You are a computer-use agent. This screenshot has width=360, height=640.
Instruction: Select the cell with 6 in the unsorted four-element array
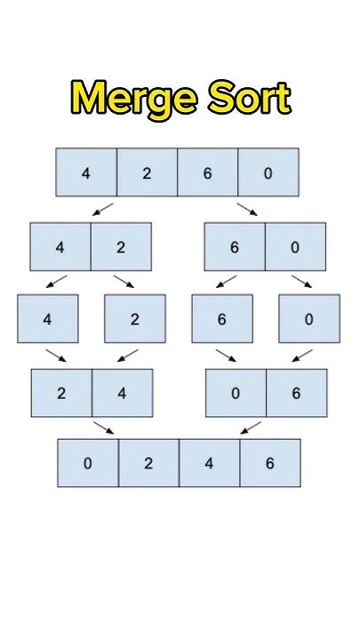(x=208, y=172)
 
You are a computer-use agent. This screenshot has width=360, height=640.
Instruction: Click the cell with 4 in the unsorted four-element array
(x=86, y=172)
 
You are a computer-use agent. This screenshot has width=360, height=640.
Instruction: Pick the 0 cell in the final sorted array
(x=88, y=463)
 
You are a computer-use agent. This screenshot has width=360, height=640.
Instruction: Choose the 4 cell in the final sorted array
(x=209, y=463)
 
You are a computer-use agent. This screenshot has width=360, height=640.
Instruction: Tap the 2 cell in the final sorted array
(x=148, y=463)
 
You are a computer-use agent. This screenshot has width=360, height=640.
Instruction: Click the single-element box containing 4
(x=48, y=319)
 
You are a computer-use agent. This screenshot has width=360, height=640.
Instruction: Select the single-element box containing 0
(x=308, y=319)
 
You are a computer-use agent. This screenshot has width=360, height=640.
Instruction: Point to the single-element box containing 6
(x=222, y=319)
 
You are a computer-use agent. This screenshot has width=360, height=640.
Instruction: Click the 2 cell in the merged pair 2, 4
(x=61, y=393)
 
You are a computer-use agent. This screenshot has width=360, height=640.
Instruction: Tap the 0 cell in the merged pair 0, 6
(x=236, y=393)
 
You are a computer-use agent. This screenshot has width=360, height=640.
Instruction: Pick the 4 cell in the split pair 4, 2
(x=60, y=246)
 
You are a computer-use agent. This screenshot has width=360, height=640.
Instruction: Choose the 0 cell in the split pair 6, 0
(x=295, y=246)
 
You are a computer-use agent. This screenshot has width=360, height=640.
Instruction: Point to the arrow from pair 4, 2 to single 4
(x=57, y=282)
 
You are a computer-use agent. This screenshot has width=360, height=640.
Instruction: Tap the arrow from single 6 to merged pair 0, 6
(x=226, y=356)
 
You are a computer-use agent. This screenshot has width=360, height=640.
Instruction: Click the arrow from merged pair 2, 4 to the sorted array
(x=104, y=428)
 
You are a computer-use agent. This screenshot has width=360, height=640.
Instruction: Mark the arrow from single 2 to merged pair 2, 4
(x=125, y=356)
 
